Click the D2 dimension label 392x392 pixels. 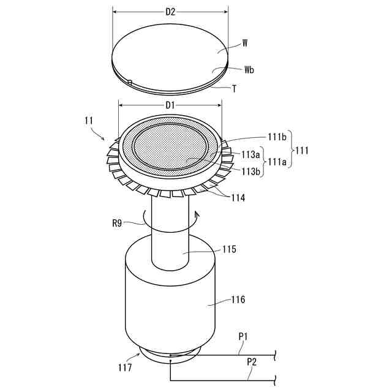pos(170,12)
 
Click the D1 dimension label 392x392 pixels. pos(170,105)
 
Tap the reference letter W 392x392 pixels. pos(245,43)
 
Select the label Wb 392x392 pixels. pos(249,70)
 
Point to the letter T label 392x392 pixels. pos(234,89)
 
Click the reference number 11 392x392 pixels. pos(89,121)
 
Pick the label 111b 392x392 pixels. pos(277,137)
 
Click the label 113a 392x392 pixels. pos(251,155)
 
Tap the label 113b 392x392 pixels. pos(251,171)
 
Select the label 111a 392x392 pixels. pos(277,162)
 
